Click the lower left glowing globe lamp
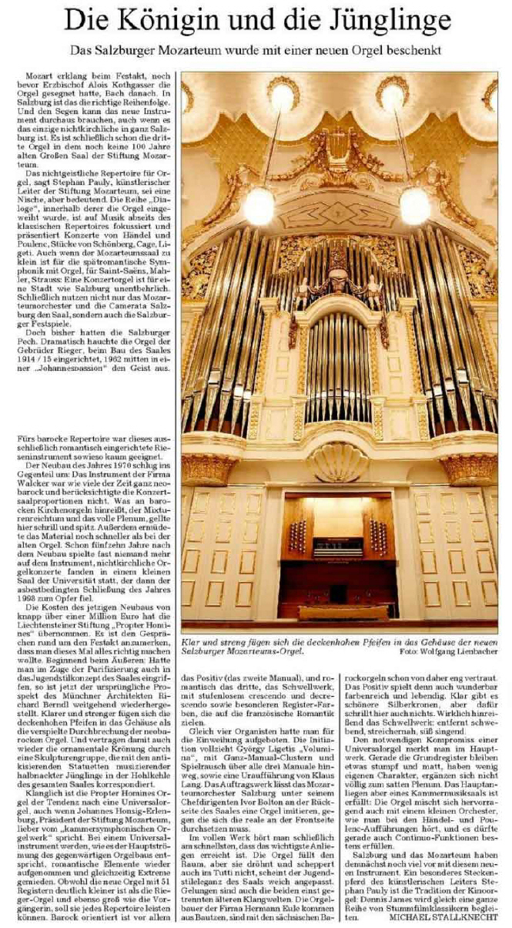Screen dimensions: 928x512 [259, 207]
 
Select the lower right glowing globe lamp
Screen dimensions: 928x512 [415, 207]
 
